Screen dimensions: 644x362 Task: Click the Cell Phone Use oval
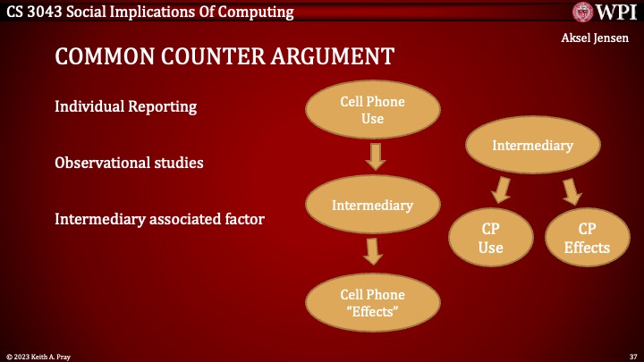[x=372, y=110]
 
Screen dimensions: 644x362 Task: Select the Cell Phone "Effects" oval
[x=372, y=303]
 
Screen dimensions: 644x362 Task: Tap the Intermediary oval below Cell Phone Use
[x=372, y=205]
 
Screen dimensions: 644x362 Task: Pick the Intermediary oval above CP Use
[x=533, y=145]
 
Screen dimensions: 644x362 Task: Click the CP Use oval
[x=491, y=238]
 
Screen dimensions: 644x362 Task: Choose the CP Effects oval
[x=588, y=238]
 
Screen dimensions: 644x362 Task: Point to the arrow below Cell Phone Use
[x=375, y=156]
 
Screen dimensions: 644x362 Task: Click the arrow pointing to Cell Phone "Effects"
[x=373, y=251]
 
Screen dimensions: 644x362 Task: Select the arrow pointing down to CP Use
[x=502, y=190]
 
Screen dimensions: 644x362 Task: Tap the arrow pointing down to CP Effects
[x=572, y=191]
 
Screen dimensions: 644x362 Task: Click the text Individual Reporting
[x=126, y=106]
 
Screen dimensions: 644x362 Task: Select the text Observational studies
[x=129, y=163]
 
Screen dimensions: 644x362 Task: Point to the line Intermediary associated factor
[x=159, y=219]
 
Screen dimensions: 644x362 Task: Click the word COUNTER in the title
[x=213, y=56]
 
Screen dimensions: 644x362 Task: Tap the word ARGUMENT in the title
[x=332, y=56]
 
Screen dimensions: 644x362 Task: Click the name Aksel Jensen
[x=595, y=38]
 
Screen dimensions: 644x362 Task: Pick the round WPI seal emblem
[x=582, y=12]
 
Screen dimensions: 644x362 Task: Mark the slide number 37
[x=633, y=357]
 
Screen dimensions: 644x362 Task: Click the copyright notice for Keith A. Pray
[x=38, y=357]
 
